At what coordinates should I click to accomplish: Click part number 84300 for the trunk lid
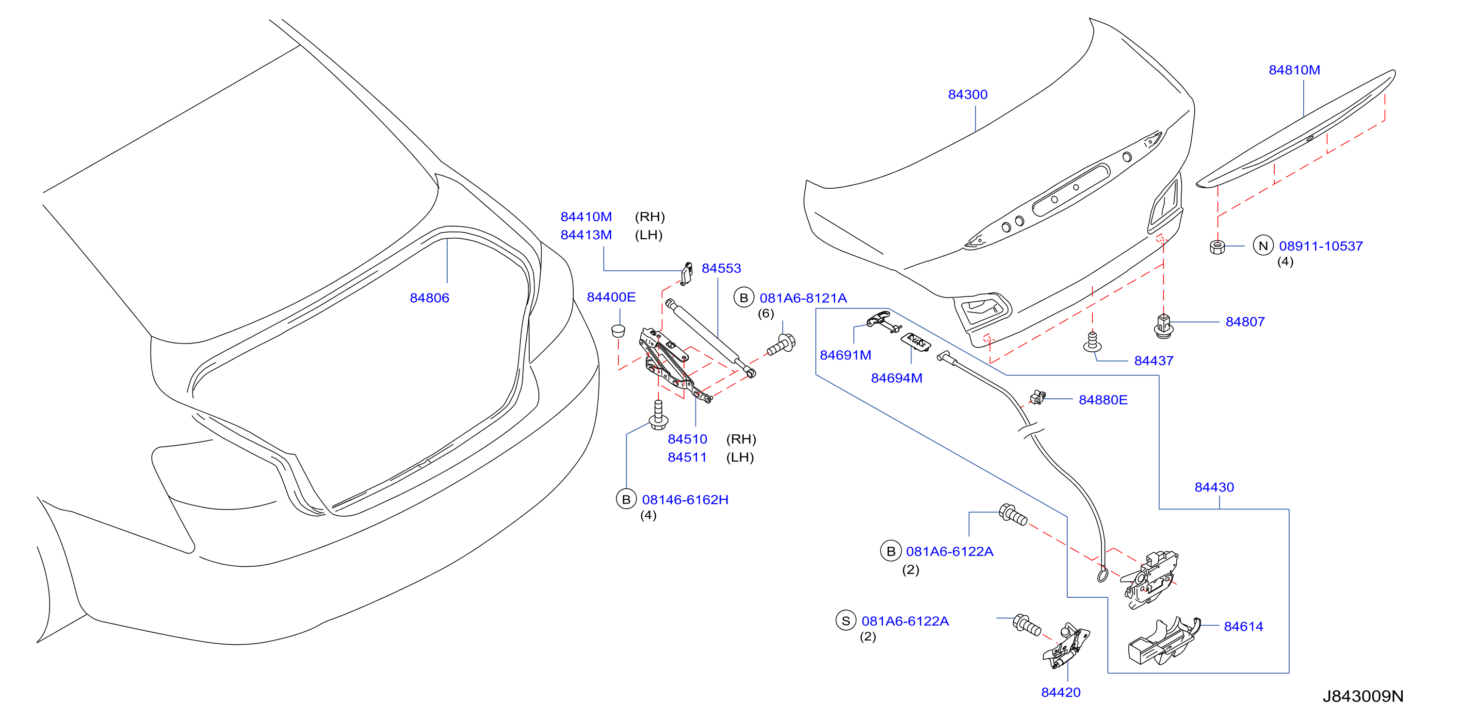tap(968, 95)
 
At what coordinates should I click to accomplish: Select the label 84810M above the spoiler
tap(1294, 70)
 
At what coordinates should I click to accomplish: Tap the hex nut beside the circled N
tap(1217, 246)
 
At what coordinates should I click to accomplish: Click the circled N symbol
tap(1263, 246)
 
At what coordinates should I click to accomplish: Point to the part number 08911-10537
tap(1321, 246)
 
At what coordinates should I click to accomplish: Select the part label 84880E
tap(1103, 400)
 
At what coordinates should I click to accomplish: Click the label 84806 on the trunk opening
tap(429, 298)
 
